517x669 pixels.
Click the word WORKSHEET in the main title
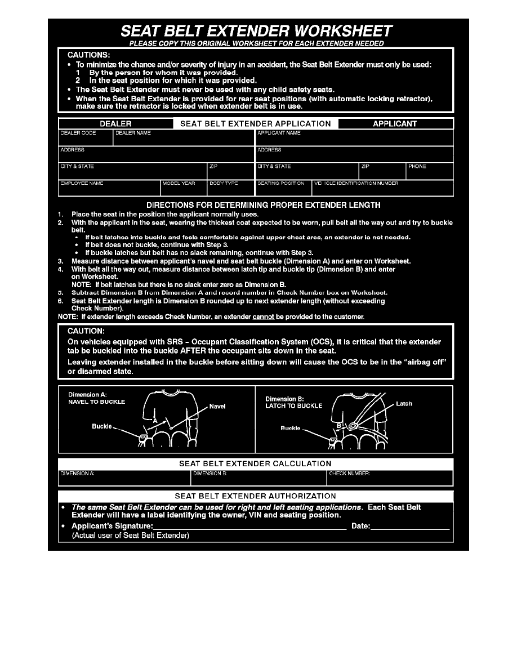pos(329,30)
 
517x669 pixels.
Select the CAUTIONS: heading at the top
pos(89,55)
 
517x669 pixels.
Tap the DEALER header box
pos(115,123)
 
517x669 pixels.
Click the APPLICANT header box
pos(395,123)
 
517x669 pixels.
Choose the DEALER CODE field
pos(86,138)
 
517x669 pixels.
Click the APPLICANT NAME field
pos(354,138)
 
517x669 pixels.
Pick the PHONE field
pos(430,171)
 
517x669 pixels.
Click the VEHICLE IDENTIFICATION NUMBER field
pos(382,188)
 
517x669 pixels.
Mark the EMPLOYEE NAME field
pos(109,188)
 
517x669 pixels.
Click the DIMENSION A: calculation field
pos(124,478)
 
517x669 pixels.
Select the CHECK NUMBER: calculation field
pos(390,478)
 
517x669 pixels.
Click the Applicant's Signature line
pos(249,527)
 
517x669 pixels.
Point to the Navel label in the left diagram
pos(217,406)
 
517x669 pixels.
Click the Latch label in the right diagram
pos(404,404)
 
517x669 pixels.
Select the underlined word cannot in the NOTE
pos(263,317)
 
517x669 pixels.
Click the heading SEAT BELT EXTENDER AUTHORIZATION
pos(256,496)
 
